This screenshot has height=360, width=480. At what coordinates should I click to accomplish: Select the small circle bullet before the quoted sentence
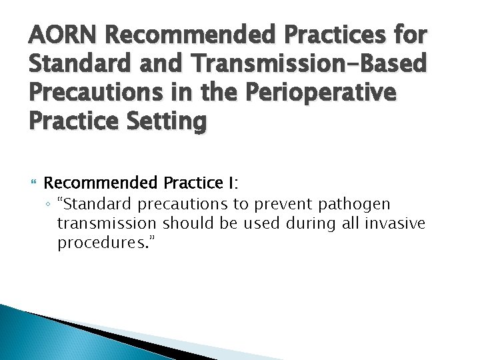50,204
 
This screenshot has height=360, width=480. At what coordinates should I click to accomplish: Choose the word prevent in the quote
280,204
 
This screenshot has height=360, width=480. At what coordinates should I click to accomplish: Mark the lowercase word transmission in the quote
107,223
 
